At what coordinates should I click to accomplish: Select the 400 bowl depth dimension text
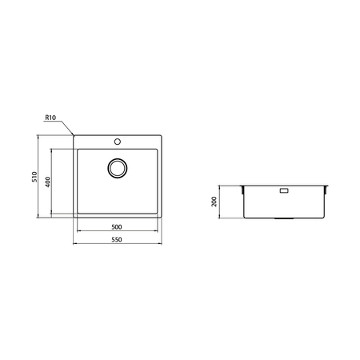point(48,183)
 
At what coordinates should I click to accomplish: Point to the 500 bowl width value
point(117,227)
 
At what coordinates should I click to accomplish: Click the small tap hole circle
point(118,142)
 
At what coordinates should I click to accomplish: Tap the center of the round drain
point(118,168)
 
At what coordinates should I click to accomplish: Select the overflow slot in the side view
point(284,191)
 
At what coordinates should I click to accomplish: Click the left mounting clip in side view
point(243,190)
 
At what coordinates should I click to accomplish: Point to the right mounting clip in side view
point(326,190)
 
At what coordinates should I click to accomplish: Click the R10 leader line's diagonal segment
point(68,127)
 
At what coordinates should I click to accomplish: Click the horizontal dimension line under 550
point(117,243)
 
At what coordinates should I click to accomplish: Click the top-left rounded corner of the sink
point(75,136)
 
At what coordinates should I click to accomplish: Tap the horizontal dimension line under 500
point(117,232)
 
